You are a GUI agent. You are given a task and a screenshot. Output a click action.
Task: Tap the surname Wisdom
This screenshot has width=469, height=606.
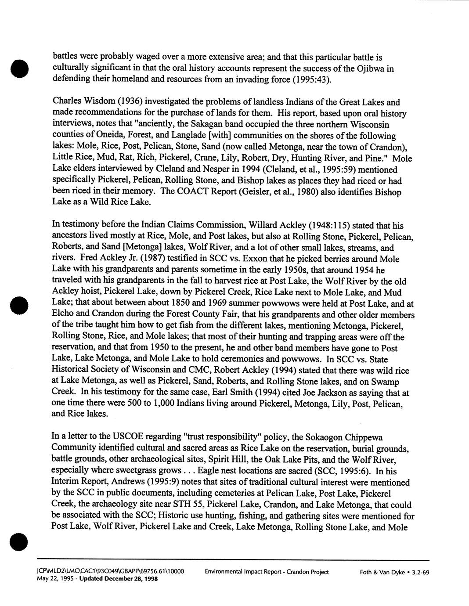(x=96, y=102)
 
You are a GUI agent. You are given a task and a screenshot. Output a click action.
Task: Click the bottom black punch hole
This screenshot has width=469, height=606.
(x=20, y=542)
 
